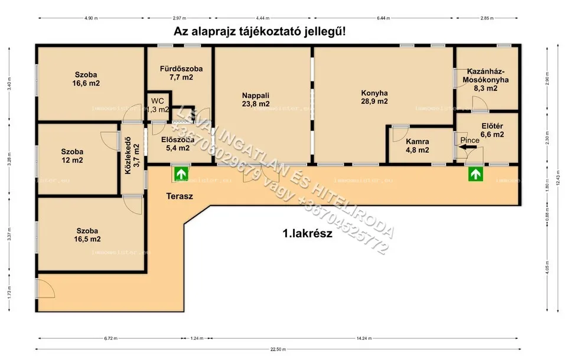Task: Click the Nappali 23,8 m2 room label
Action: [x=256, y=99]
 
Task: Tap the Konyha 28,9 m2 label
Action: [x=374, y=97]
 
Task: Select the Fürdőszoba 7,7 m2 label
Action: [x=181, y=73]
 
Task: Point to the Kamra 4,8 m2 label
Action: [x=418, y=146]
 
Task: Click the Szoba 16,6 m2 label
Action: [x=86, y=78]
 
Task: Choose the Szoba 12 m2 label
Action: [x=72, y=155]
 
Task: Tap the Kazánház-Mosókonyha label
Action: [x=485, y=79]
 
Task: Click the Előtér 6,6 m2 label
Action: [x=492, y=130]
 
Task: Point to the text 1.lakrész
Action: [x=307, y=233]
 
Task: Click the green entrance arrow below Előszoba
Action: [x=180, y=174]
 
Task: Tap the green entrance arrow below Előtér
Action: [x=474, y=174]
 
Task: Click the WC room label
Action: [x=158, y=101]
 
